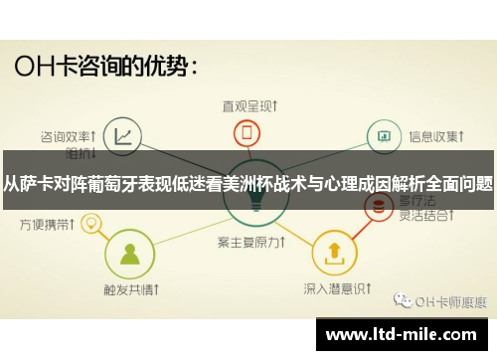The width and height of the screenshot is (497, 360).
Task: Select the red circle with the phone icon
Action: point(248,133)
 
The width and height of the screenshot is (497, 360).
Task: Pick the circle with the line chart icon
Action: point(122,135)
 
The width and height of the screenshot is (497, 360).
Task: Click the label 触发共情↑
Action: point(129,290)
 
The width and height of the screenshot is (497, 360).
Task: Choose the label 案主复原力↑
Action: point(248,242)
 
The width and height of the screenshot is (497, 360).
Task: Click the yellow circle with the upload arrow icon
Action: point(333,252)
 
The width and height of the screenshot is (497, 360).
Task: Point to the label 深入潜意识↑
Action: point(333,290)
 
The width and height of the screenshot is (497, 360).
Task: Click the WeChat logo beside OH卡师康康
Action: point(402,300)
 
